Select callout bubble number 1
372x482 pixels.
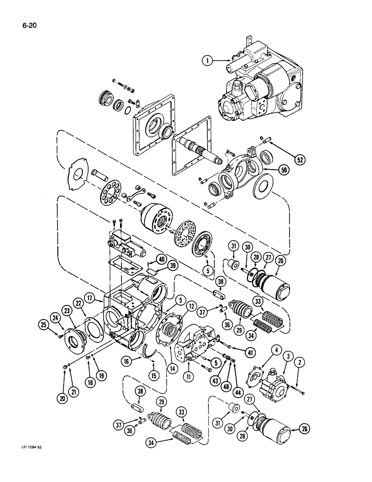click(x=207, y=61)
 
